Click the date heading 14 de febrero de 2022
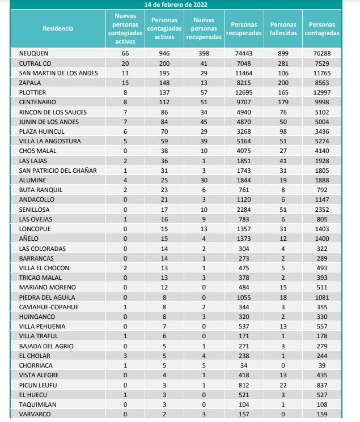176,4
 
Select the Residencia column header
57,28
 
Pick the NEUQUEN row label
33,53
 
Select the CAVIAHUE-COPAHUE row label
49,307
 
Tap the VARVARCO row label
35,414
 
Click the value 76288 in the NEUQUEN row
321,53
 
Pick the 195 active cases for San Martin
164,73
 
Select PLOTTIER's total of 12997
321,92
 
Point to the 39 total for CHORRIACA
321,365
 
